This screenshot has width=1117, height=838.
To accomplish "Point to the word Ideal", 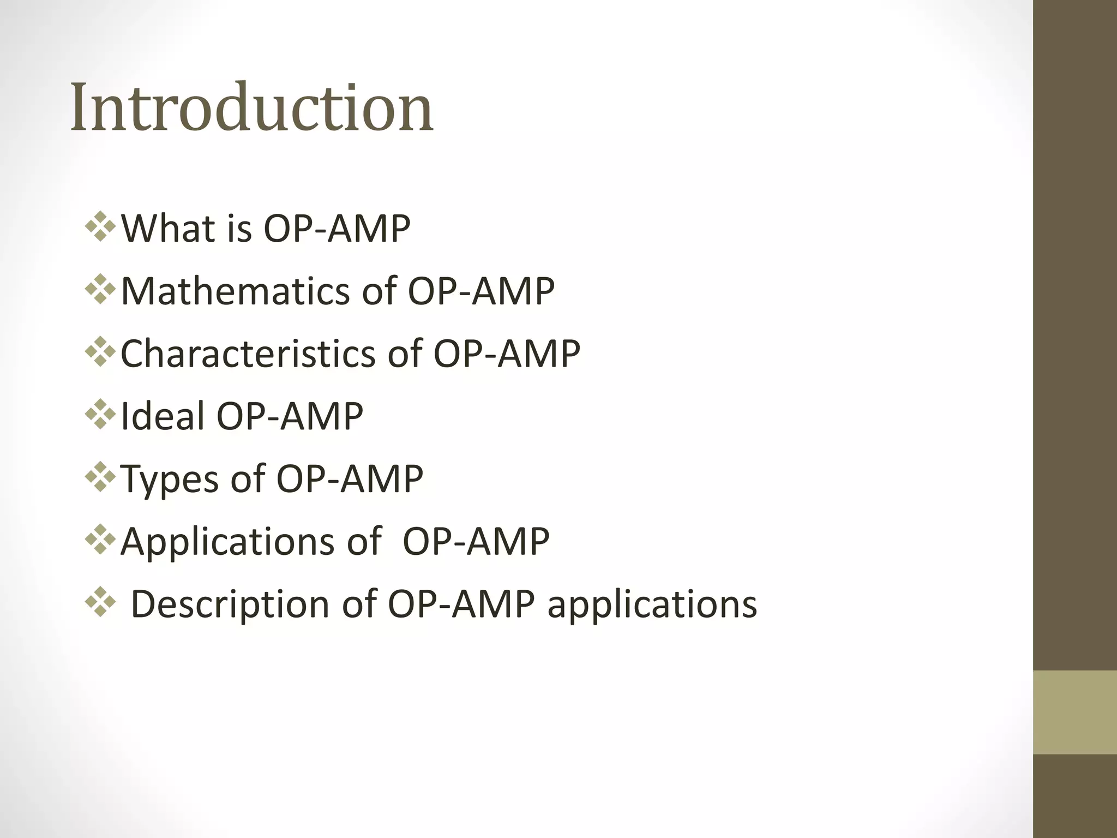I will click(x=161, y=416).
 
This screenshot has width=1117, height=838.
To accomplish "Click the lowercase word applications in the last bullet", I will click(x=652, y=604).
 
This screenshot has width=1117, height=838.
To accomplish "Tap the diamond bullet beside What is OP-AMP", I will click(x=101, y=227).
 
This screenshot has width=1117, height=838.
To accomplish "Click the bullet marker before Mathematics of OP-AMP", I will click(x=101, y=290).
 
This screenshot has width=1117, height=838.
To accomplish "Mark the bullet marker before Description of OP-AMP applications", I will click(x=101, y=603).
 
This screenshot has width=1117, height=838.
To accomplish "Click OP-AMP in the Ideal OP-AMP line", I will click(x=290, y=416).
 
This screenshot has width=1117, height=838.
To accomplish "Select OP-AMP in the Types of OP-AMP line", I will click(x=350, y=479).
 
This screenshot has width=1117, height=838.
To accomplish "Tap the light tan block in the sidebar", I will click(x=1074, y=712).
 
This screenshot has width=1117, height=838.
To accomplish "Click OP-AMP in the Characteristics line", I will click(x=507, y=354).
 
